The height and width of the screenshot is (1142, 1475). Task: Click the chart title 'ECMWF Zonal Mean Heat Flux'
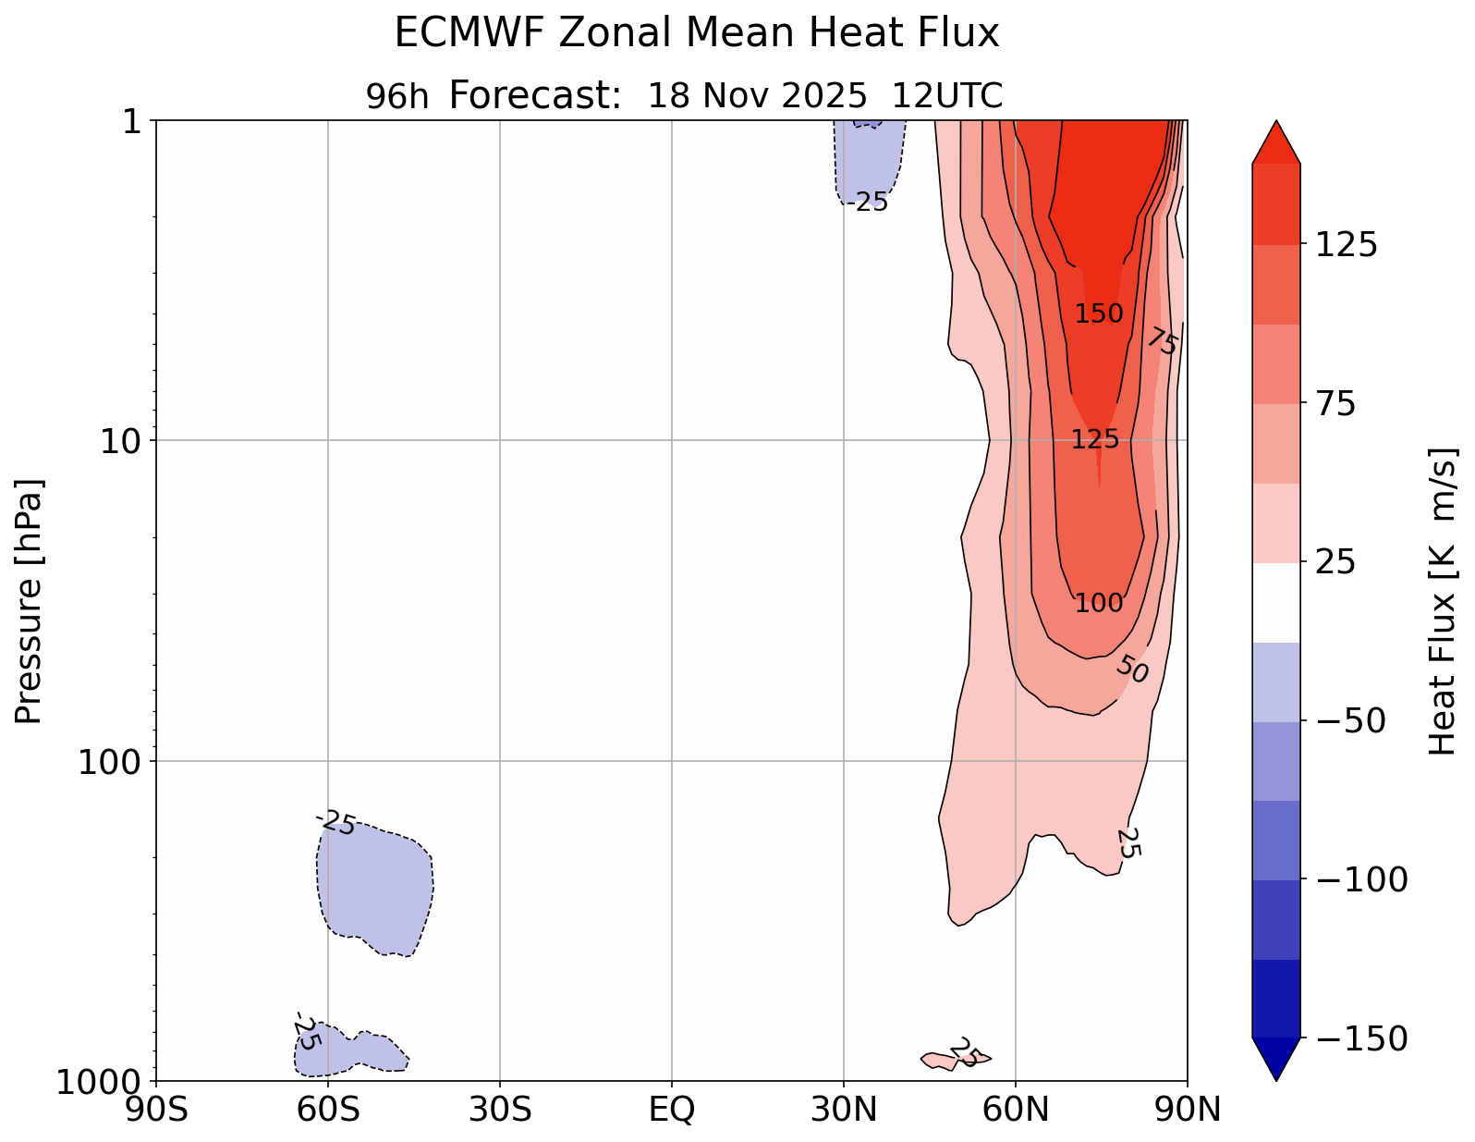click(697, 34)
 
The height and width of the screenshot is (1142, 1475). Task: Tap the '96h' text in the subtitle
click(397, 96)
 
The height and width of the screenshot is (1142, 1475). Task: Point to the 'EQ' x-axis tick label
click(672, 1110)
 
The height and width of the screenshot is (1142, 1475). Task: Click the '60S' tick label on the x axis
click(328, 1110)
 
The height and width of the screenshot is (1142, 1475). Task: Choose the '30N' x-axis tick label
click(844, 1110)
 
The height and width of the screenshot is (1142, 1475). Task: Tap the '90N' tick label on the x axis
click(1188, 1110)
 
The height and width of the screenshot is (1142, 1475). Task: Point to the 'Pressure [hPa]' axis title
click(30, 601)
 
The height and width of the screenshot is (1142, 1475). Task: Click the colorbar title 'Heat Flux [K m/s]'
click(1444, 601)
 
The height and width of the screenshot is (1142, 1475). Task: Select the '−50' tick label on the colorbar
click(1350, 721)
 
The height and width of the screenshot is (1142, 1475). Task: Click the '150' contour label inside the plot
click(1099, 314)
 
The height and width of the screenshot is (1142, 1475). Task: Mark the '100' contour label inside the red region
click(1099, 604)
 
